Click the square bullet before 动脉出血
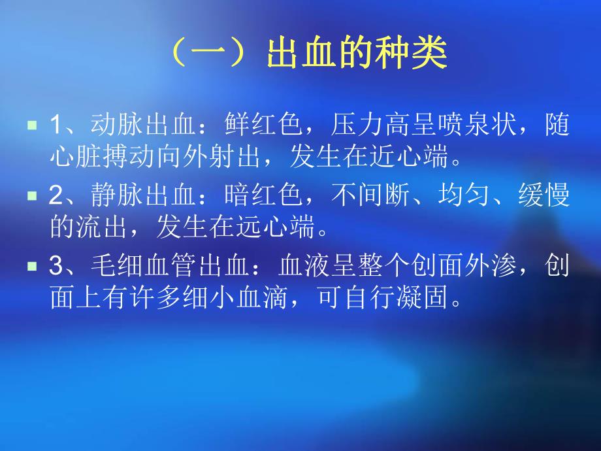click(32, 124)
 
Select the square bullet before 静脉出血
click(32, 195)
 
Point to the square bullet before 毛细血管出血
click(32, 266)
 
